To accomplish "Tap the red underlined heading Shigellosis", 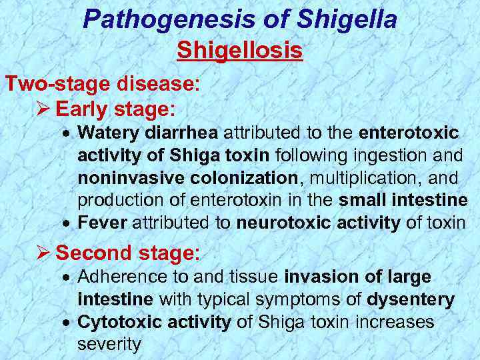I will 240,51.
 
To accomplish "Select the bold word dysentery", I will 412,299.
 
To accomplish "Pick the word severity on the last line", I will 109,344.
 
